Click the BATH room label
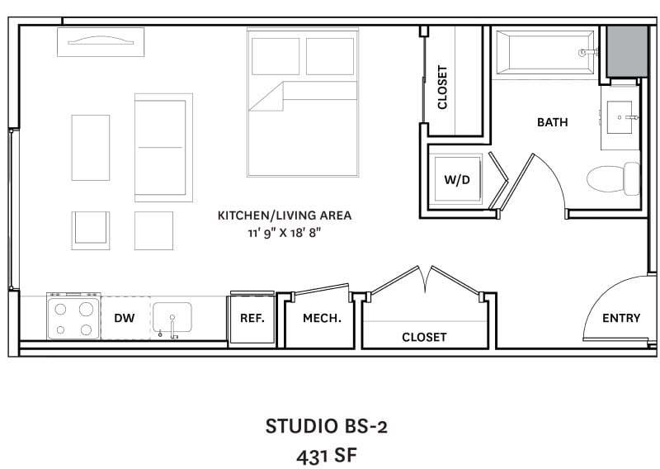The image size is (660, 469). (552, 122)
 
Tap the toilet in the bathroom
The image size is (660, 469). (614, 178)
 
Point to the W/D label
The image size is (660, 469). (456, 180)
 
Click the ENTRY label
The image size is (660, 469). (620, 318)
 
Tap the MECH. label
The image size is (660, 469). (322, 319)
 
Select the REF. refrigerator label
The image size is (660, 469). (252, 319)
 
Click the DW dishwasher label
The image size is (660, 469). (125, 318)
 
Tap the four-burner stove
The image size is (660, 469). (73, 319)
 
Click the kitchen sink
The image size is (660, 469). (172, 318)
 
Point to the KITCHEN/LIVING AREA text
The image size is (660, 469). (284, 216)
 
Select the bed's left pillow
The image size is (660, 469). (276, 56)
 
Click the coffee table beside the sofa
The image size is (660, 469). (91, 147)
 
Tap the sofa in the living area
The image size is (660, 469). (162, 147)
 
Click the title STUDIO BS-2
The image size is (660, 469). (326, 427)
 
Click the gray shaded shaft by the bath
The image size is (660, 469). (625, 51)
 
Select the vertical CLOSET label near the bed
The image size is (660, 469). (442, 87)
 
